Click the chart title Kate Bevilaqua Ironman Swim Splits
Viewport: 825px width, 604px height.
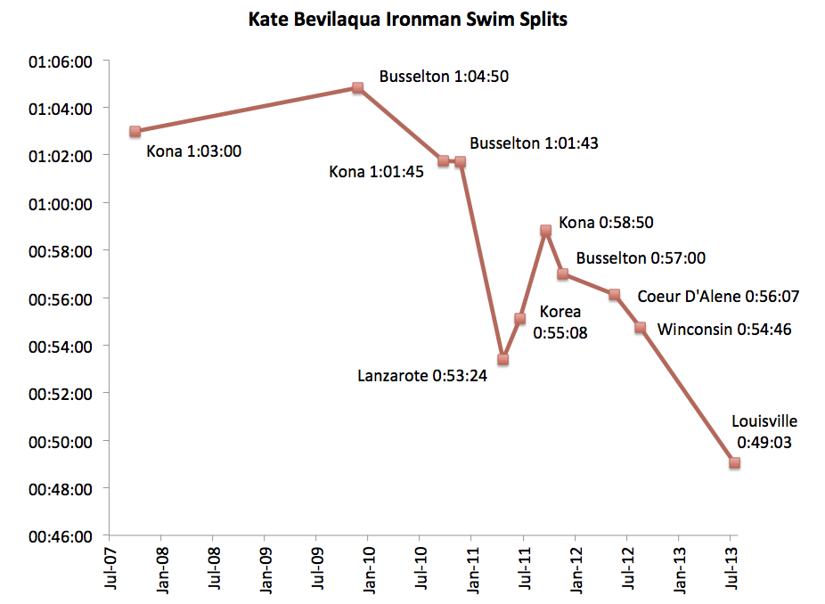pyautogui.click(x=407, y=20)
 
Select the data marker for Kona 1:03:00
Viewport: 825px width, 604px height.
pyautogui.click(x=135, y=131)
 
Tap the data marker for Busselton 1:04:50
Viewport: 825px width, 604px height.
pyautogui.click(x=357, y=88)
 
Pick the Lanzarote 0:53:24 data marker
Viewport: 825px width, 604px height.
pyautogui.click(x=502, y=359)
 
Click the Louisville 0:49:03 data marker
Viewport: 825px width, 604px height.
pyautogui.click(x=734, y=462)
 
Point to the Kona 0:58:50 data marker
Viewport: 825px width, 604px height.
pyautogui.click(x=545, y=230)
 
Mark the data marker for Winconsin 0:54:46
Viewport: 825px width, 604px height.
pyautogui.click(x=640, y=328)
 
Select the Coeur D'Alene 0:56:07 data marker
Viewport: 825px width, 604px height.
pyautogui.click(x=614, y=294)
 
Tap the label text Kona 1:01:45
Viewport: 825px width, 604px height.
pyautogui.click(x=378, y=171)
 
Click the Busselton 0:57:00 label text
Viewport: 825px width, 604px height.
pyautogui.click(x=641, y=258)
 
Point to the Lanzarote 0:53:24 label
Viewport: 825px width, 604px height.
pyautogui.click(x=422, y=376)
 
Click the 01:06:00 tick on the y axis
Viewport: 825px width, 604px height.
pyautogui.click(x=61, y=61)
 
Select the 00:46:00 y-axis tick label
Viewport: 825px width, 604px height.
pyautogui.click(x=61, y=536)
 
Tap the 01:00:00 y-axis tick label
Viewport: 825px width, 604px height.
pyautogui.click(x=61, y=203)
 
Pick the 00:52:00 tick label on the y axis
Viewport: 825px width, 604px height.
pyautogui.click(x=61, y=393)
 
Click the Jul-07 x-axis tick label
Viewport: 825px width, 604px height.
pyautogui.click(x=109, y=568)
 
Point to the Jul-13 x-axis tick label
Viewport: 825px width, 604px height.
pyautogui.click(x=731, y=568)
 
